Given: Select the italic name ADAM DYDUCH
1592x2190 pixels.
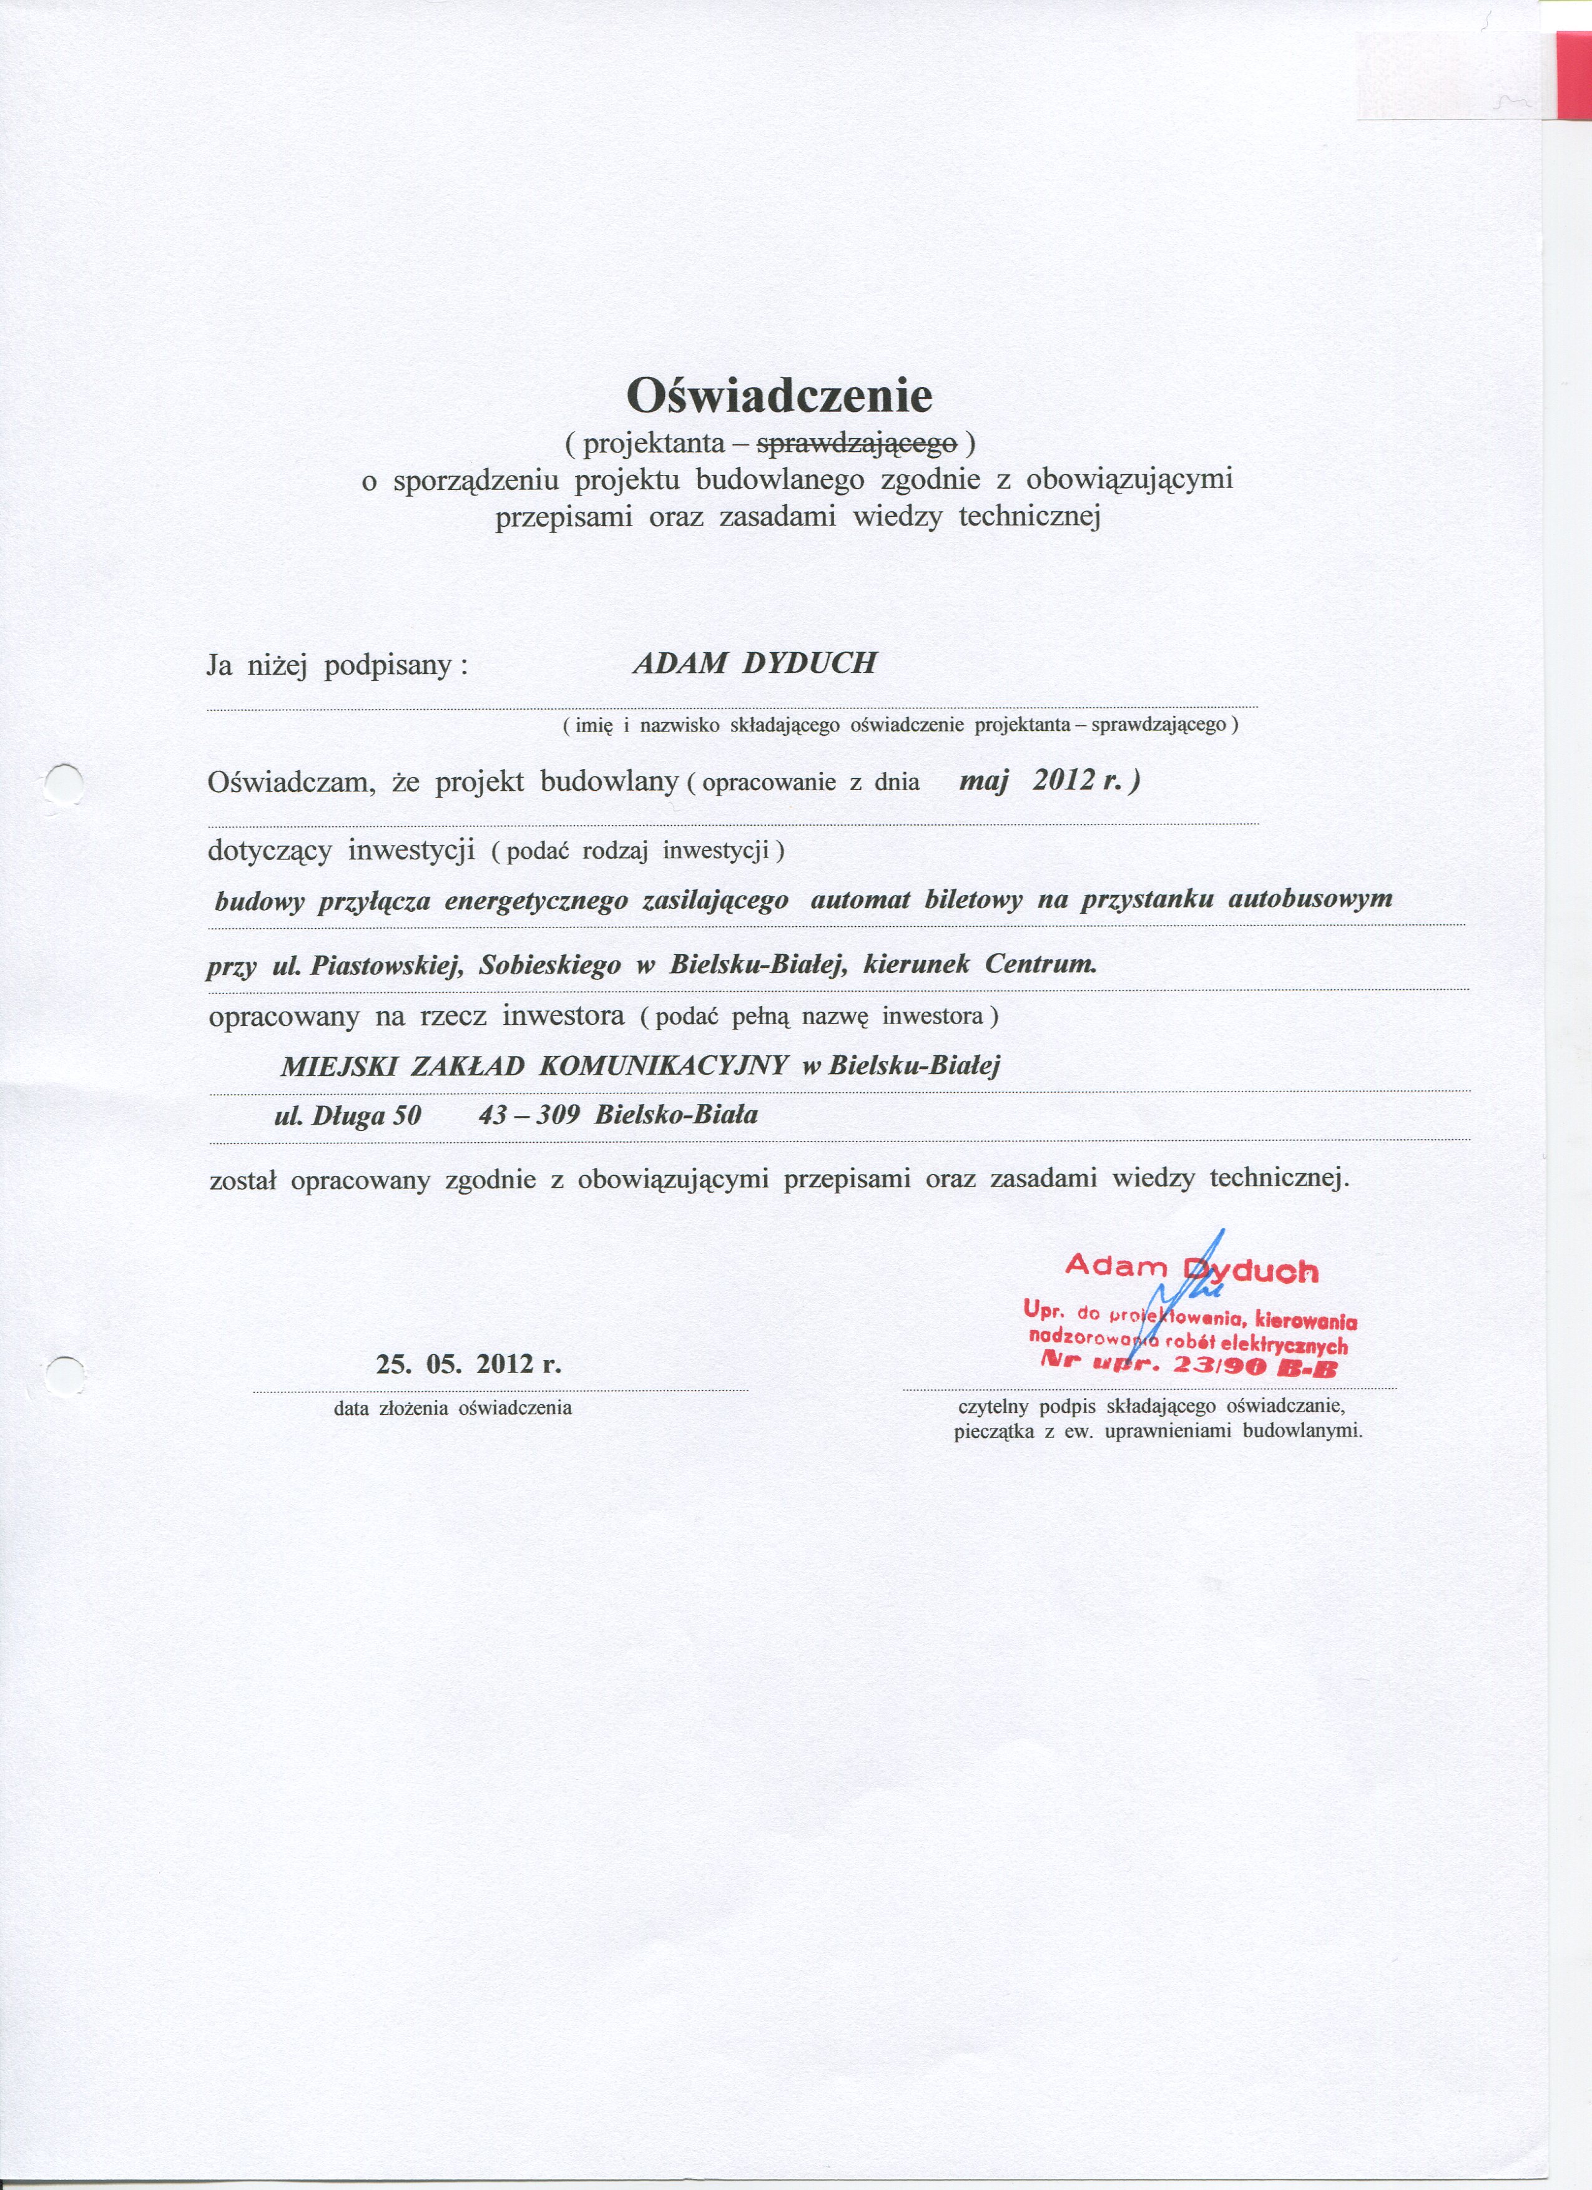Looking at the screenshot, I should tap(754, 663).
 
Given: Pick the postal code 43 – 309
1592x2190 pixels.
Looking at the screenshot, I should tap(528, 1115).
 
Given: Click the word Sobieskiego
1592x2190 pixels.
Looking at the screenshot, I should tap(549, 965).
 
